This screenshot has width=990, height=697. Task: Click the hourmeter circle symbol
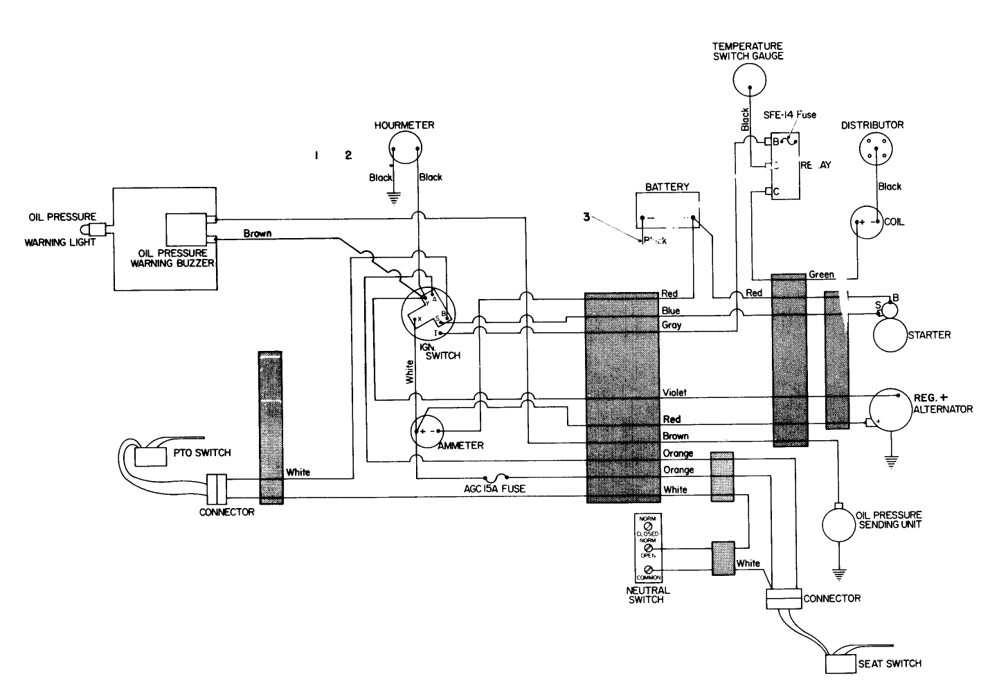(x=405, y=147)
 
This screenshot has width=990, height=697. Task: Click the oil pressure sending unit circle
(x=838, y=524)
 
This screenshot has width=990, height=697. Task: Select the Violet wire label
(x=674, y=392)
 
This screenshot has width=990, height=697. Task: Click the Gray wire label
(x=672, y=325)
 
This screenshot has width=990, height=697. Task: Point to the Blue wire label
(x=670, y=311)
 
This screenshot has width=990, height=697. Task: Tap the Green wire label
(x=822, y=275)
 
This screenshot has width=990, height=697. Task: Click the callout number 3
(x=586, y=217)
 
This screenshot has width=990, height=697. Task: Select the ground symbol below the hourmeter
(x=393, y=199)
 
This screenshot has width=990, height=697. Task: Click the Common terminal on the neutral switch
(x=649, y=571)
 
